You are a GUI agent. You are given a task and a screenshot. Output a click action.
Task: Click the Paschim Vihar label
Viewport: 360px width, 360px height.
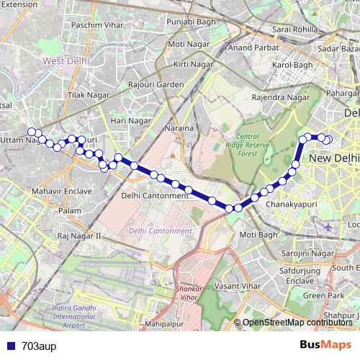96,24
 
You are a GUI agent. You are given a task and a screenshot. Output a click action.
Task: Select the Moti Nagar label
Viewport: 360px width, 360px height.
186,45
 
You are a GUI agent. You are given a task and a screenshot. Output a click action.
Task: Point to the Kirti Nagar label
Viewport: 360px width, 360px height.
191,65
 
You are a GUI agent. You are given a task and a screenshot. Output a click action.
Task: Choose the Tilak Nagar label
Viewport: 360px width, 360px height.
87,95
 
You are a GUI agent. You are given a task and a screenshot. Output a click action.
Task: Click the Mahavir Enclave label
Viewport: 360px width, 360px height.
62,192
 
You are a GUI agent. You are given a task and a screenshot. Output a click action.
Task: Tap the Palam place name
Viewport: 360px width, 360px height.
70,210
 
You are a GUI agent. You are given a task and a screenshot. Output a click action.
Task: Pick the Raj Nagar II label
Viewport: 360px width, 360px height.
80,235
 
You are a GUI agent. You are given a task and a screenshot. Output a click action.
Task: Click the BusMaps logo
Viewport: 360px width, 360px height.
325,345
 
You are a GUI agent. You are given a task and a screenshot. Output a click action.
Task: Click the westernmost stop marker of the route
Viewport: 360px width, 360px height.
31,131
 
